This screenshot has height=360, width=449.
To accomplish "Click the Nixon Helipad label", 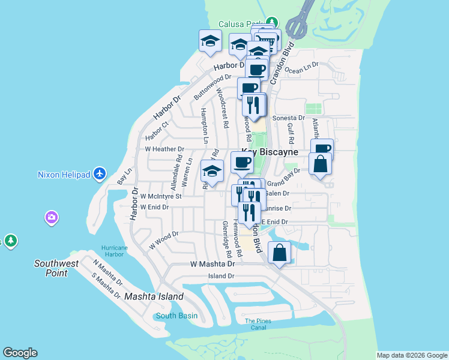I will tap(63, 175).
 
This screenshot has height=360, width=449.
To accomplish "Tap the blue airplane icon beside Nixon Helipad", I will tap(100, 174).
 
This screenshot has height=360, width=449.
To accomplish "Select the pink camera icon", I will tap(52, 217).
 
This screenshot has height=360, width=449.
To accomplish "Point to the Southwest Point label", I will tap(56, 268).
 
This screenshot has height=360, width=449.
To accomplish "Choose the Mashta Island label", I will tap(149, 297).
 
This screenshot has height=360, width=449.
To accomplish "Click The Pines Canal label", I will tap(258, 324).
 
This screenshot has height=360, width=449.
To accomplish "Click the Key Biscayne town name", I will tap(270, 152).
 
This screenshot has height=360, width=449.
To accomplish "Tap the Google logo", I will tap(20, 353).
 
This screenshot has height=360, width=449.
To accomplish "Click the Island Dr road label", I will tap(221, 276).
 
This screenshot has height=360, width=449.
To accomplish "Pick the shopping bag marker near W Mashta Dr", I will tap(280, 252).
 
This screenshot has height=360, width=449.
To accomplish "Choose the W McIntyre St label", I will tap(160, 196).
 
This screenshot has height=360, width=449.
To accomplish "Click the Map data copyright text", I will tap(412, 355).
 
